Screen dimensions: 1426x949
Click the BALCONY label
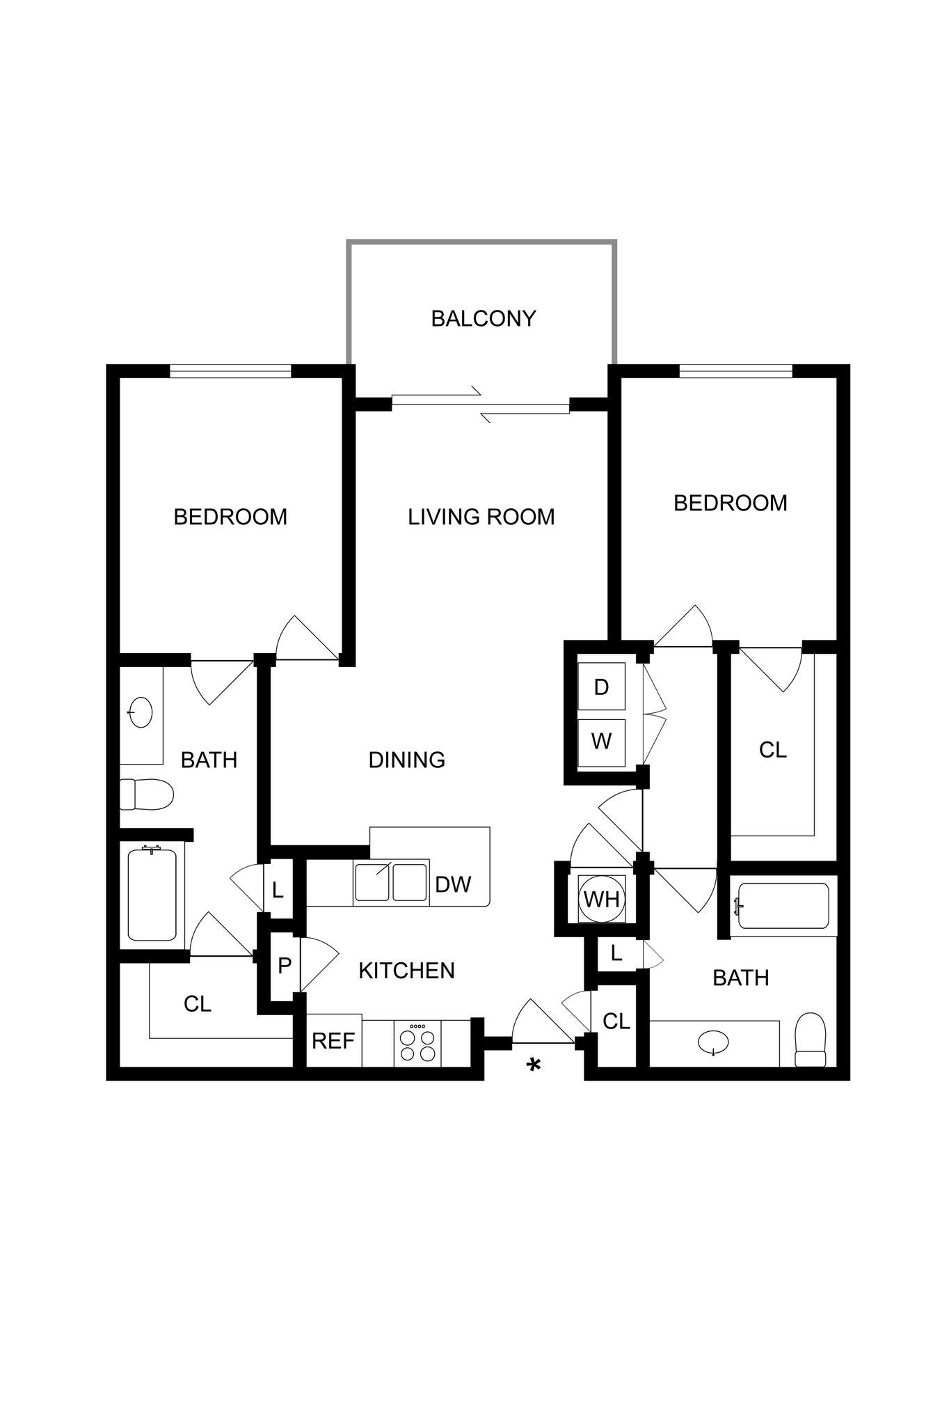coord(484,318)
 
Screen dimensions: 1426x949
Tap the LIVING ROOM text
coord(481,517)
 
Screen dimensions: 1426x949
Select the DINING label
coord(406,760)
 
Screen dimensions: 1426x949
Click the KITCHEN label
coord(406,970)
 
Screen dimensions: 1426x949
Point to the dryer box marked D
coord(602,687)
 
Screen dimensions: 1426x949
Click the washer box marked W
coord(602,742)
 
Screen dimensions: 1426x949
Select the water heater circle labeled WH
coord(602,899)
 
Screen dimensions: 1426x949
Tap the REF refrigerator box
coord(333,1041)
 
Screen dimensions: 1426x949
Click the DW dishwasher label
coord(453,884)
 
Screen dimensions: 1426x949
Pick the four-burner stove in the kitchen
coord(417,1042)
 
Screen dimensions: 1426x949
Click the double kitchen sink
coord(390,882)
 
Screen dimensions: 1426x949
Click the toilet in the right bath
coord(810,1040)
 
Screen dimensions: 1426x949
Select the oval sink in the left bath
coord(141,712)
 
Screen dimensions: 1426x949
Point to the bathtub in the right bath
coord(783,905)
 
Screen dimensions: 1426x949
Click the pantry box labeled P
coord(284,965)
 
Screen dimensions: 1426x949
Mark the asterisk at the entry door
coord(534,1065)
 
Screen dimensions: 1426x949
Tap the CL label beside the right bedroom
coord(772,750)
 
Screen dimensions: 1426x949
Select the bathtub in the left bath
coord(152,894)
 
